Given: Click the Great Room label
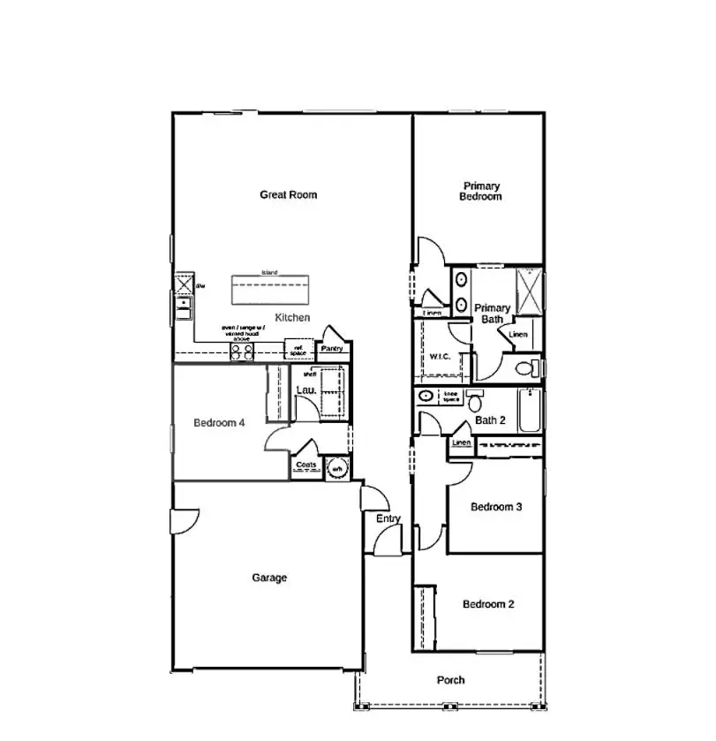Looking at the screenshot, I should point(288,195).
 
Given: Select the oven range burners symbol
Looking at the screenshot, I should point(242,351).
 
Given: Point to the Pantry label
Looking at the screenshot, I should point(332,349).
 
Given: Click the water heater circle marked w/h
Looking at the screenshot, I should point(336,468).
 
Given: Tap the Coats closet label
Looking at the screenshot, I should point(306,464).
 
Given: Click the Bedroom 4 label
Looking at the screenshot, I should point(218,423).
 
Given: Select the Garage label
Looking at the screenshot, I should point(269,578).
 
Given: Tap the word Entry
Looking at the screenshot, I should point(388,519).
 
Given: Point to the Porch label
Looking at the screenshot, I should point(450,680).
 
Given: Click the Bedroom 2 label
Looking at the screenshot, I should point(488,605).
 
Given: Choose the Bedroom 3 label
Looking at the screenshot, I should point(496,507).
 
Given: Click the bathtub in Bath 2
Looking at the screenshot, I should point(529,411).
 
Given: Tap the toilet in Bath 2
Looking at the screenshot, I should point(474,402).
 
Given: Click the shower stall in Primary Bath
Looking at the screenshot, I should point(529,291).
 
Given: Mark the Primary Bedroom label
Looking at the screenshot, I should point(481,192).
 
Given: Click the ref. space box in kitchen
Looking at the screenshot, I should point(298,350).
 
